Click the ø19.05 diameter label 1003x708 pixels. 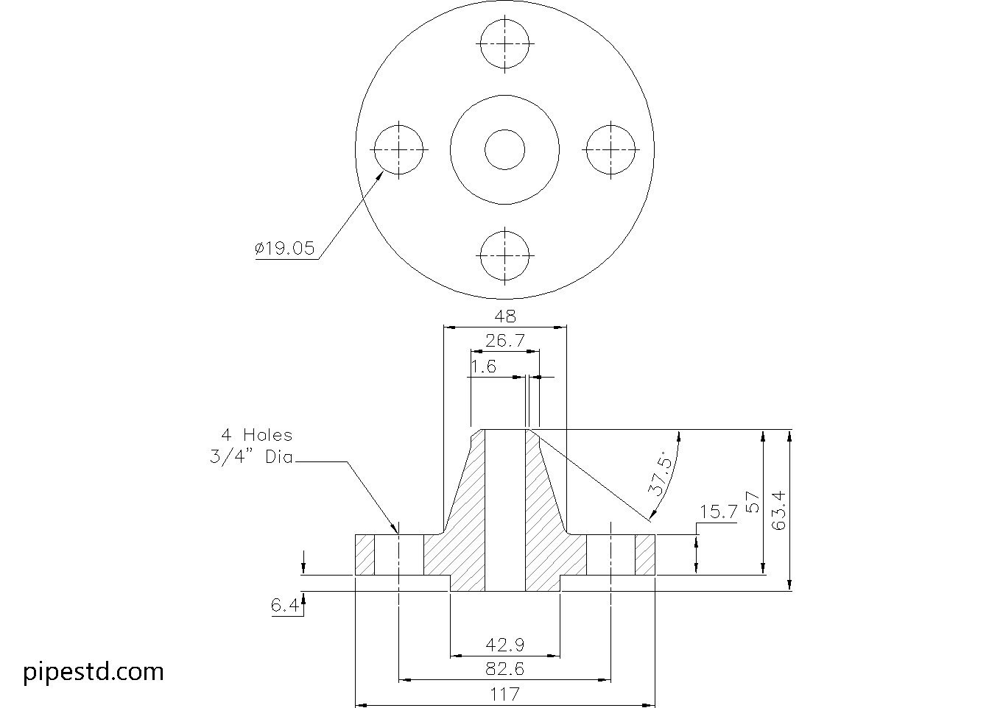pyautogui.click(x=285, y=249)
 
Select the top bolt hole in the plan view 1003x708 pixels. pyautogui.click(x=504, y=43)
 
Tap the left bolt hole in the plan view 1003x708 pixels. pyautogui.click(x=398, y=149)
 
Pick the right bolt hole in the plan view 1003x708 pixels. pyautogui.click(x=610, y=149)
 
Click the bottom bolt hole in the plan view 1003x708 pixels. pyautogui.click(x=504, y=255)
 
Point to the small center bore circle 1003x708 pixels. pyautogui.click(x=504, y=149)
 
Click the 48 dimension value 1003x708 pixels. pyautogui.click(x=505, y=316)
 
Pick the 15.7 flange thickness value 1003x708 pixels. pyautogui.click(x=718, y=512)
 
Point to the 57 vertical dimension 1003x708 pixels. pyautogui.click(x=753, y=503)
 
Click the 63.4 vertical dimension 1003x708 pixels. pyautogui.click(x=779, y=510)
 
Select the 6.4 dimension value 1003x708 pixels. pyautogui.click(x=284, y=606)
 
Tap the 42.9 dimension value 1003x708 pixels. pyautogui.click(x=505, y=645)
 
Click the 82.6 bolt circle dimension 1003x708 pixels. pyautogui.click(x=505, y=670)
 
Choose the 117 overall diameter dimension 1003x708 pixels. pyautogui.click(x=505, y=694)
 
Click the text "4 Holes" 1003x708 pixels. pyautogui.click(x=257, y=435)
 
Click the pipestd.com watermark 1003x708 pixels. pyautogui.click(x=94, y=671)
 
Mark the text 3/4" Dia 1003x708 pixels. pyautogui.click(x=251, y=457)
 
